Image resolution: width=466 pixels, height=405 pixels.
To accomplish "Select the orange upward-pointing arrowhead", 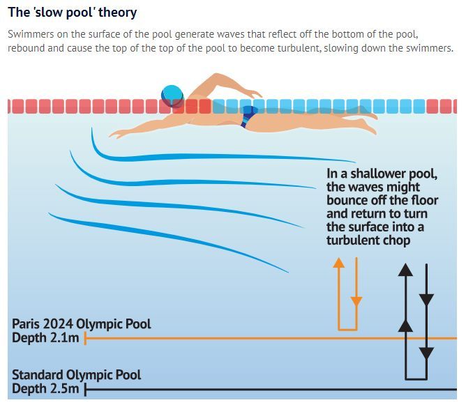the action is (x=339, y=263).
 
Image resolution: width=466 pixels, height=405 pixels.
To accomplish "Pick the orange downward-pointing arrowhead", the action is (x=356, y=301).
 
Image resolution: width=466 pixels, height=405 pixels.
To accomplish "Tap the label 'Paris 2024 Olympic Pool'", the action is (x=81, y=324).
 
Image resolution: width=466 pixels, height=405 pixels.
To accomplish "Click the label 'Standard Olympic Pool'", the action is (x=76, y=375).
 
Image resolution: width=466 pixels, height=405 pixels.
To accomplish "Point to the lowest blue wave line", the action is (x=167, y=240).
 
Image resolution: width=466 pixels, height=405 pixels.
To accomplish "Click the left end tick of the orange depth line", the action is (x=85, y=339).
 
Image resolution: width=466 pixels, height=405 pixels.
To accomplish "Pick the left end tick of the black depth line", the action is (x=85, y=389).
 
